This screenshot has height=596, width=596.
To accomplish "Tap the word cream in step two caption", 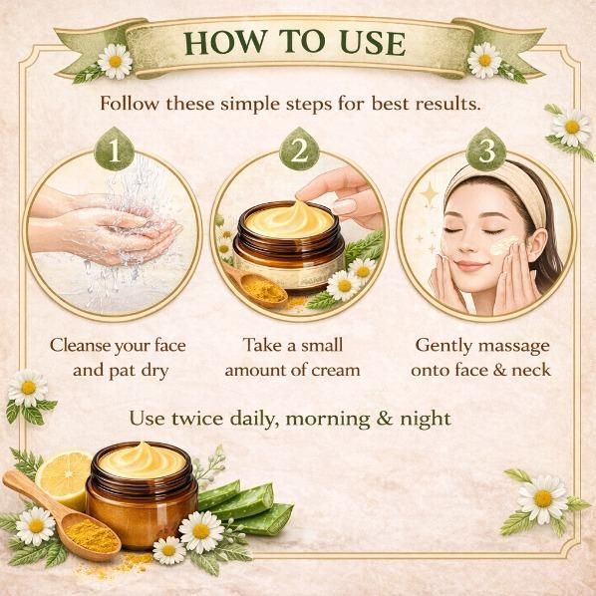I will click(335, 370).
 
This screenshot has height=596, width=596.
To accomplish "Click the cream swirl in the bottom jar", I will click(142, 459).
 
